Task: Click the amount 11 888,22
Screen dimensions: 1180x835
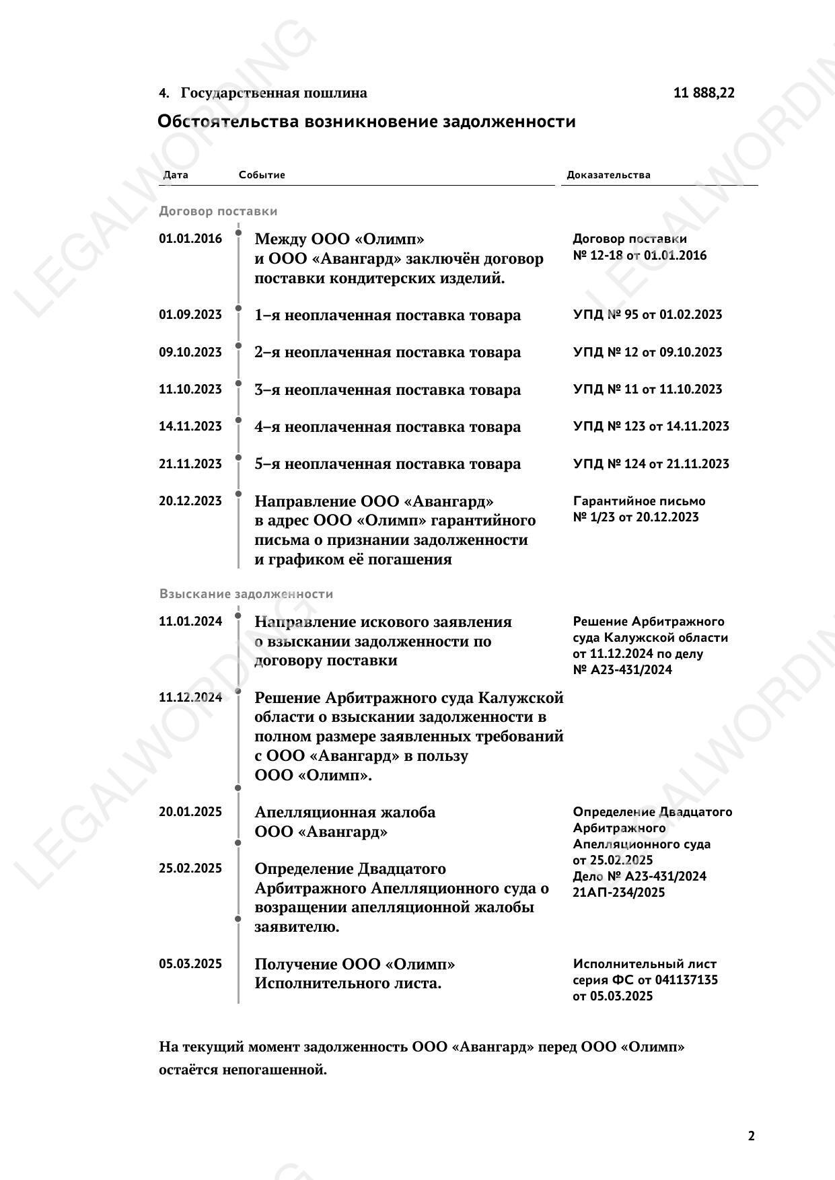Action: pyautogui.click(x=704, y=93)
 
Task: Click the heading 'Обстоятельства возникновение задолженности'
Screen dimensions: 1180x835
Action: pyautogui.click(x=366, y=122)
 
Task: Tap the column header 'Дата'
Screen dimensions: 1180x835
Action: pyautogui.click(x=176, y=175)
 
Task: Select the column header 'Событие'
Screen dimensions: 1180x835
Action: pyautogui.click(x=262, y=175)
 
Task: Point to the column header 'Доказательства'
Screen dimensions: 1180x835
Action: pyautogui.click(x=608, y=175)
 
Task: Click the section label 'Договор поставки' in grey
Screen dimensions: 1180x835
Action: pyautogui.click(x=218, y=211)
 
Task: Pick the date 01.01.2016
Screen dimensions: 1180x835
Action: pyautogui.click(x=190, y=239)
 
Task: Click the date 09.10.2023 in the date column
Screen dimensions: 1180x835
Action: pyautogui.click(x=190, y=352)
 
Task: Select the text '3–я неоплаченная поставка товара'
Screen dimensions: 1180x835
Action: pyautogui.click(x=388, y=390)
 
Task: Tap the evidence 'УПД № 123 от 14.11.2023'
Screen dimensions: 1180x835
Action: pyautogui.click(x=651, y=427)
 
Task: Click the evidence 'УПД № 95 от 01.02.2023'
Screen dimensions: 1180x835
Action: pyautogui.click(x=647, y=315)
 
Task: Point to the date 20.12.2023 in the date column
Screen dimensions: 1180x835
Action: pyautogui.click(x=190, y=501)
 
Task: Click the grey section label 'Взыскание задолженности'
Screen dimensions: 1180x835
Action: pyautogui.click(x=246, y=594)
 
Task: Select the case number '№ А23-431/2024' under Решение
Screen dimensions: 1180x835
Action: pyautogui.click(x=622, y=670)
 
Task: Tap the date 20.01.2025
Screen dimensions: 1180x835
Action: pyautogui.click(x=190, y=812)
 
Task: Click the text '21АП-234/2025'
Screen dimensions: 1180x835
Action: pyautogui.click(x=618, y=893)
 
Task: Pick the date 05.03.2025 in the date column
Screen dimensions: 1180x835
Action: pyautogui.click(x=190, y=964)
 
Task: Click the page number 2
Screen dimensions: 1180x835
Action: pyautogui.click(x=751, y=1136)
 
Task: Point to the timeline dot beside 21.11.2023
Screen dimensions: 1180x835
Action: pyautogui.click(x=238, y=457)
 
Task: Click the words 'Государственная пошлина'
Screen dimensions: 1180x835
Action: pyautogui.click(x=274, y=93)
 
